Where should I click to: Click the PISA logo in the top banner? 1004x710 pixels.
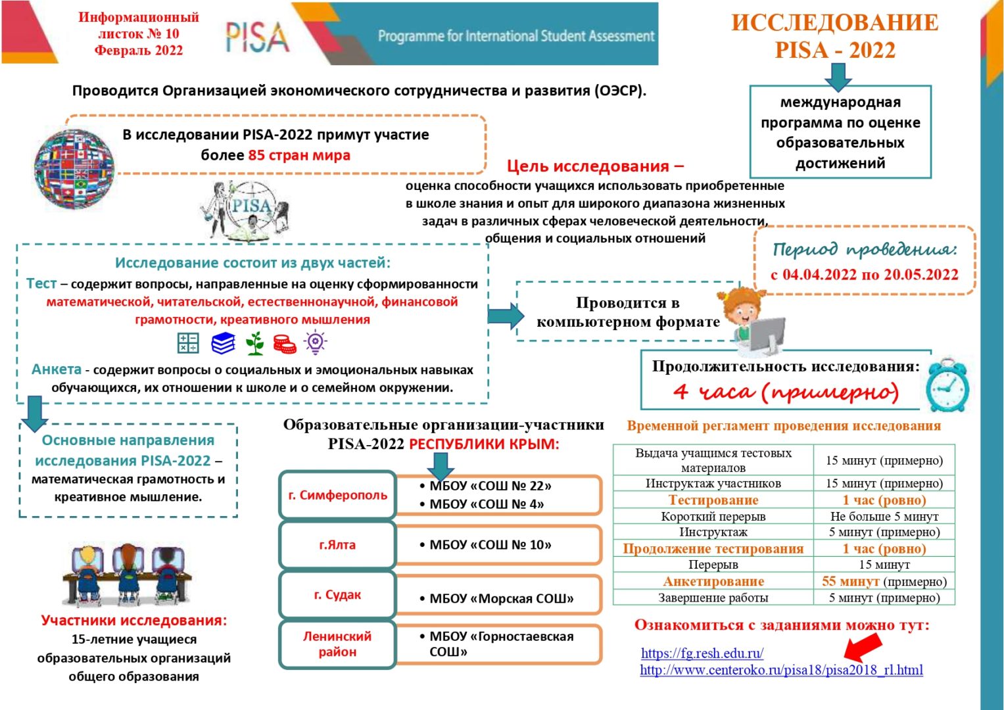(x=257, y=37)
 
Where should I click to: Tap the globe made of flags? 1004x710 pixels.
(x=74, y=168)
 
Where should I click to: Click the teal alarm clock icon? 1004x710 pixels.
(x=947, y=385)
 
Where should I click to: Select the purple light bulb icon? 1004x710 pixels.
(x=315, y=343)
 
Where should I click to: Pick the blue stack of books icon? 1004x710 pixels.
(x=223, y=343)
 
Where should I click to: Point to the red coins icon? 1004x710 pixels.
(x=284, y=343)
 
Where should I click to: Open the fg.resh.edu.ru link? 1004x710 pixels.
(x=702, y=653)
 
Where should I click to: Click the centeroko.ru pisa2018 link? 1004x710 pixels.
(x=781, y=670)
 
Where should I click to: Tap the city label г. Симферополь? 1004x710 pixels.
(x=337, y=495)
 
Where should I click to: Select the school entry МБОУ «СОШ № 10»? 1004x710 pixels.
(x=490, y=544)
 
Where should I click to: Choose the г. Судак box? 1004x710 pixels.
(x=337, y=594)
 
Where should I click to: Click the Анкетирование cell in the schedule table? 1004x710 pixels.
(x=713, y=581)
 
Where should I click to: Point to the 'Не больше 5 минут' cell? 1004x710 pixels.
(x=884, y=516)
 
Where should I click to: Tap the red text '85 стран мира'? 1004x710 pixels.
(x=299, y=155)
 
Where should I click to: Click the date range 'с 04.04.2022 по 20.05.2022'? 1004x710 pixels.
(x=864, y=275)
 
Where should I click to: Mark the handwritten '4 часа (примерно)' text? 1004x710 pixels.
(x=786, y=392)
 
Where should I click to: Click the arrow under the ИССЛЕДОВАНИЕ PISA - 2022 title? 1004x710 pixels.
(x=838, y=76)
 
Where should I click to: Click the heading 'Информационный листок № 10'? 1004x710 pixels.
(x=138, y=26)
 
